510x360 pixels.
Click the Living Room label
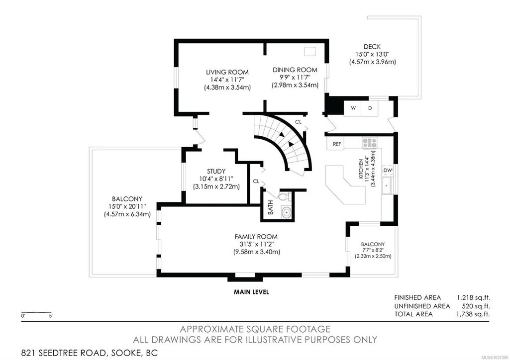pyautogui.click(x=227, y=72)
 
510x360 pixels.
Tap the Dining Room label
pyautogui.click(x=295, y=70)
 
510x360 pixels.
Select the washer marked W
pyautogui.click(x=353, y=108)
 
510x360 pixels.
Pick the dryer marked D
pyautogui.click(x=370, y=108)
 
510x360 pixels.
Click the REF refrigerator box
pyautogui.click(x=337, y=144)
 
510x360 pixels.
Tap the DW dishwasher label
pyautogui.click(x=388, y=170)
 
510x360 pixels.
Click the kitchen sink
pyautogui.click(x=387, y=186)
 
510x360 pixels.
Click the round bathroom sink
pyautogui.click(x=287, y=212)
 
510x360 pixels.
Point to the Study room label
pyautogui.click(x=216, y=171)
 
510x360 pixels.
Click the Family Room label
pyautogui.click(x=256, y=237)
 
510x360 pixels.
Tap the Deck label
pyautogui.click(x=372, y=47)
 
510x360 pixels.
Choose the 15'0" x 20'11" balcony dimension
pyautogui.click(x=127, y=207)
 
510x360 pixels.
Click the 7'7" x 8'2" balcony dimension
pyautogui.click(x=373, y=250)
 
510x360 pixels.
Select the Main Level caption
pyautogui.click(x=251, y=292)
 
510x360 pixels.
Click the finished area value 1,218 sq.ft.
pyautogui.click(x=474, y=298)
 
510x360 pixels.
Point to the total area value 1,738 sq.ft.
pyautogui.click(x=474, y=314)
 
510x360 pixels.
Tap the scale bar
pyautogui.click(x=36, y=313)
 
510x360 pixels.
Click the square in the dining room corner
pyautogui.click(x=309, y=51)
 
